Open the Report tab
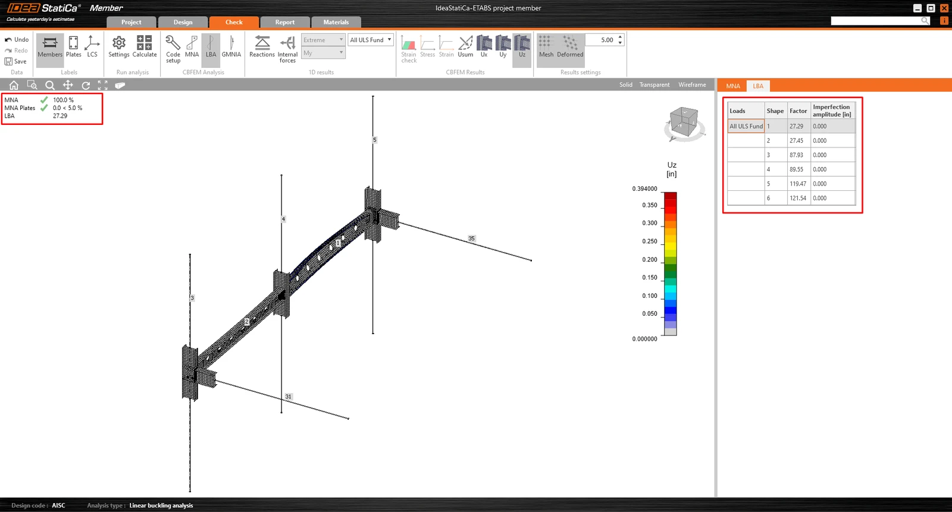pos(284,22)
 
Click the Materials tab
pos(336,22)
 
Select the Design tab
pos(183,22)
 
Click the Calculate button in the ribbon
pos(145,46)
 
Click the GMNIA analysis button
pos(231,46)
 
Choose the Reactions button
pos(262,46)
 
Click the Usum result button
pos(465,46)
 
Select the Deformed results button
pos(570,46)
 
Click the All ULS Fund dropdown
pos(370,40)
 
